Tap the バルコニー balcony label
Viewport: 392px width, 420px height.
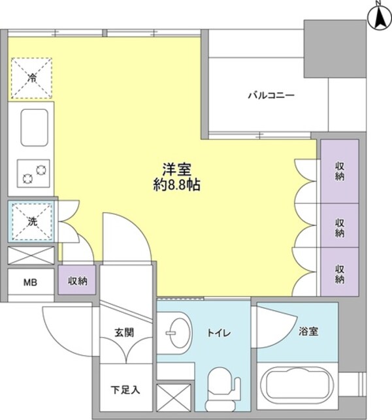click(x=270, y=95)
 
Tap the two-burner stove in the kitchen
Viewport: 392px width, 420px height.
click(x=33, y=172)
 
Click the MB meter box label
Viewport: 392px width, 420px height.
click(x=30, y=283)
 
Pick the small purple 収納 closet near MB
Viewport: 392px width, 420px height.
click(x=78, y=282)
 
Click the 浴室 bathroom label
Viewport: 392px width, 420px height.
click(x=309, y=332)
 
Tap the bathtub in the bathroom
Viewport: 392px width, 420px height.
click(x=298, y=385)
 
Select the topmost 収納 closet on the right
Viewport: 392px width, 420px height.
click(x=339, y=171)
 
